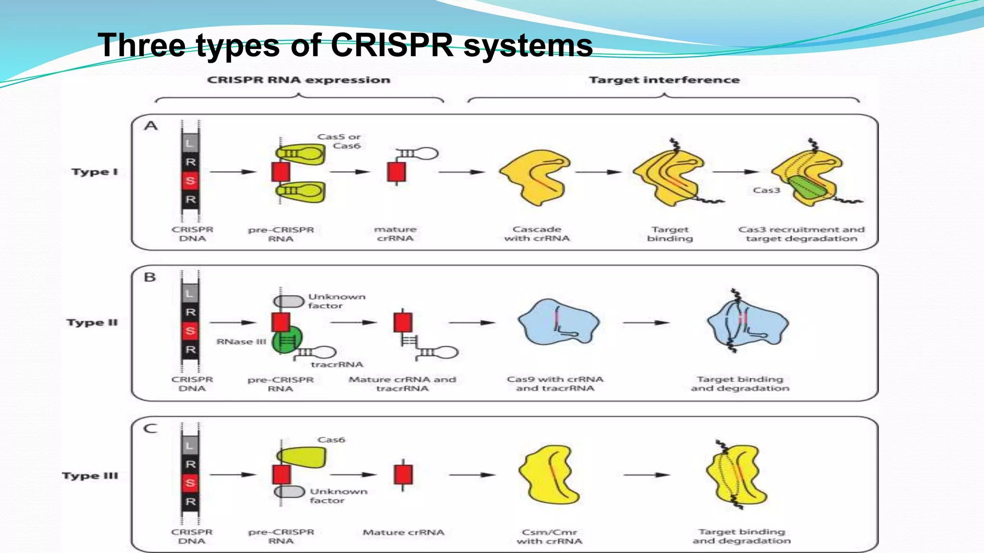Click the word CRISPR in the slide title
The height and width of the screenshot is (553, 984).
tap(392, 46)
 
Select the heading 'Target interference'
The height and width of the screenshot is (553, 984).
tap(664, 80)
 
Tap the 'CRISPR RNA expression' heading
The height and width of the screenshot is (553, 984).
tap(298, 80)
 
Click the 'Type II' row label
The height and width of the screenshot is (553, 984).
tap(92, 323)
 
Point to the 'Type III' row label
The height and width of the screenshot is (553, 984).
tap(90, 476)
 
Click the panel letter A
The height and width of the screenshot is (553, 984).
tap(151, 126)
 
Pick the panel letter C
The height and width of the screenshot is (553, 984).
tap(150, 428)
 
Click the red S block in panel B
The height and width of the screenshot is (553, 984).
tap(190, 331)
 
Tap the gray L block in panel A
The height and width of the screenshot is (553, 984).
tap(190, 143)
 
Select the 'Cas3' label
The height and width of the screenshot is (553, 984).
tap(766, 190)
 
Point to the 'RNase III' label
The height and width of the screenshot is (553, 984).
tap(241, 342)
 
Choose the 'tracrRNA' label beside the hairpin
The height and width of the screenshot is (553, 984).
tap(337, 365)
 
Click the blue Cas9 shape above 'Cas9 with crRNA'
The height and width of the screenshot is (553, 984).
tap(557, 323)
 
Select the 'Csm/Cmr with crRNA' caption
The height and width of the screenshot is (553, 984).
tap(549, 537)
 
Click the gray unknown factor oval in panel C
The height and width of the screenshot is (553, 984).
tap(290, 492)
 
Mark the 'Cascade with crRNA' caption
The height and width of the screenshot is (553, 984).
tap(537, 234)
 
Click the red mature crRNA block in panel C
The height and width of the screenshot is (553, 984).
tap(403, 474)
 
